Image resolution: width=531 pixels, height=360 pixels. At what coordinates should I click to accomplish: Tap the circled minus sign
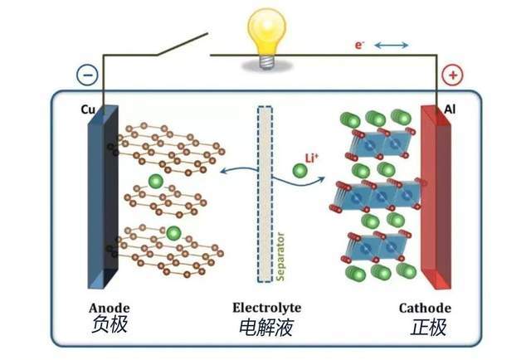pos(87,75)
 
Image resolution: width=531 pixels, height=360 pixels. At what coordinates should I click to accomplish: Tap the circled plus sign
pos(452,75)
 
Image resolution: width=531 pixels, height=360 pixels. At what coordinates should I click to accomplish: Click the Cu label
pos(88,109)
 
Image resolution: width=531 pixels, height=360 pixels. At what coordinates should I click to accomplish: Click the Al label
pos(450,109)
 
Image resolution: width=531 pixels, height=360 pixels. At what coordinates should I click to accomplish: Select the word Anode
pos(109,308)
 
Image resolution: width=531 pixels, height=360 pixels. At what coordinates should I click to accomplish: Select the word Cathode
pos(425,308)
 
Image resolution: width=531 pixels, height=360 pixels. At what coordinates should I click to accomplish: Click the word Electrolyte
pos(266,308)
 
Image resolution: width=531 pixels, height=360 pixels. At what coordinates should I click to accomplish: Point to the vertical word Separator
pos(280,256)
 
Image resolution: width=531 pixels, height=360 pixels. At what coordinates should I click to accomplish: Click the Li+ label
pos(312,158)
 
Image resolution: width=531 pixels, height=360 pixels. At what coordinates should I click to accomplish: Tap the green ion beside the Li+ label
pos(300,171)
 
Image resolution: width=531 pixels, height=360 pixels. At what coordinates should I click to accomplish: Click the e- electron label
pos(359,45)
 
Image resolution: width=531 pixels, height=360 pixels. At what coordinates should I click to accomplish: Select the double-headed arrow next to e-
pos(392,45)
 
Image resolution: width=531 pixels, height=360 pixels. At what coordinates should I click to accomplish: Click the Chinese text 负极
pos(109,324)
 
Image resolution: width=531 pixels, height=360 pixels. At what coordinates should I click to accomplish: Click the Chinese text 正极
pos(428,327)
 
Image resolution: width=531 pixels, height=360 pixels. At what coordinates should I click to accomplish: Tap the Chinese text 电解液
pos(266,328)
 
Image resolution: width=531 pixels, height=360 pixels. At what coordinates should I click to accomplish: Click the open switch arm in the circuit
pos(182,44)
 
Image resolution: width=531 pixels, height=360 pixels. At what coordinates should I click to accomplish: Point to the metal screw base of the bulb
pos(266,62)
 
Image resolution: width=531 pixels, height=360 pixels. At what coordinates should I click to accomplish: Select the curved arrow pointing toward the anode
pos(239,169)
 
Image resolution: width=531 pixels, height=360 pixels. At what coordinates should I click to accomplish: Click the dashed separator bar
pos(265,194)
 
